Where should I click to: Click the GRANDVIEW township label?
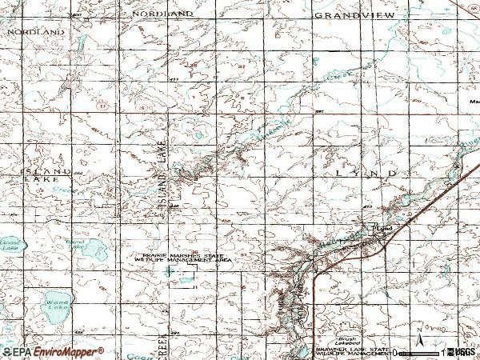[346, 15]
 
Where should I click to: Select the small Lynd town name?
[385, 229]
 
